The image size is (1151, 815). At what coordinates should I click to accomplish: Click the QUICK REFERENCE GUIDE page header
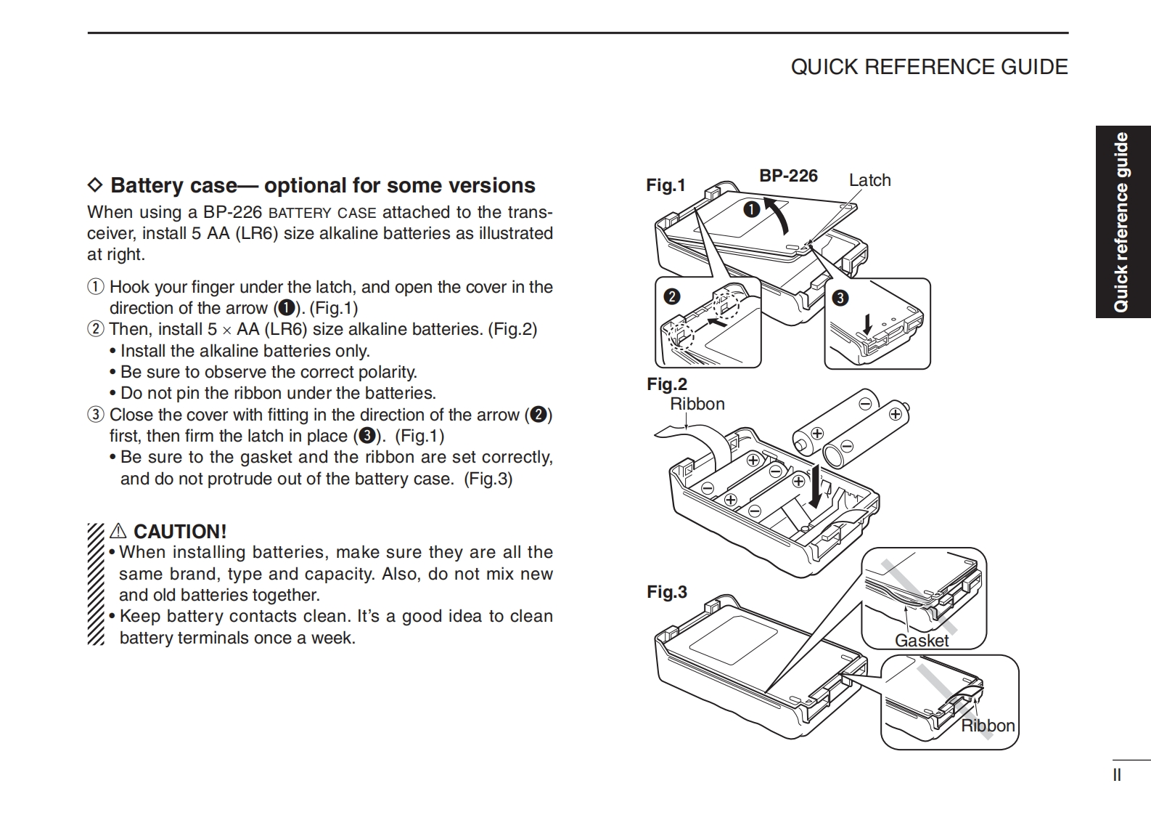click(929, 67)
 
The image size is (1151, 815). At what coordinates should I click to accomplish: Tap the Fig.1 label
click(665, 185)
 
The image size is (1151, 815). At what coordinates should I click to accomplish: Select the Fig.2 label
click(667, 384)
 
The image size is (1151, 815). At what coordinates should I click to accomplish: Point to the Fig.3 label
click(667, 592)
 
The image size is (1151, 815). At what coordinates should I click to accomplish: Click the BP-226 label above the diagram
click(788, 176)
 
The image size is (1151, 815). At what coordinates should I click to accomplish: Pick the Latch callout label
click(869, 180)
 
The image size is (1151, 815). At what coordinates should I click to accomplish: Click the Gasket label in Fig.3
click(922, 641)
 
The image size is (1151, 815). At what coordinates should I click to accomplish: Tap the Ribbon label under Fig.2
click(697, 404)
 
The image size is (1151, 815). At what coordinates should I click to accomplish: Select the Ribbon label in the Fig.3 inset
click(988, 726)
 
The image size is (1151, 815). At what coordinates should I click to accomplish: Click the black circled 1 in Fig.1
click(751, 209)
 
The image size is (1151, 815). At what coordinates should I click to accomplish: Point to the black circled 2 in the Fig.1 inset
click(671, 296)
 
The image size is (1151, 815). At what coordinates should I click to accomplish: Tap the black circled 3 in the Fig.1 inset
click(840, 298)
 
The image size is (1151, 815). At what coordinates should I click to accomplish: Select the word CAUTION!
click(180, 532)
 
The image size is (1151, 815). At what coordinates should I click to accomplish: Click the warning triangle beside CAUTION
click(118, 532)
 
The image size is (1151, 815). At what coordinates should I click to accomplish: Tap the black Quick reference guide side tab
click(1123, 222)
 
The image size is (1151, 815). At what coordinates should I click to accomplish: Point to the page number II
click(1117, 775)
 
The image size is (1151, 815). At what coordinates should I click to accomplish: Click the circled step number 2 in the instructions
click(96, 329)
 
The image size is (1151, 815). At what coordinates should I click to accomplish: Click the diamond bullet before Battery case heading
click(95, 185)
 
